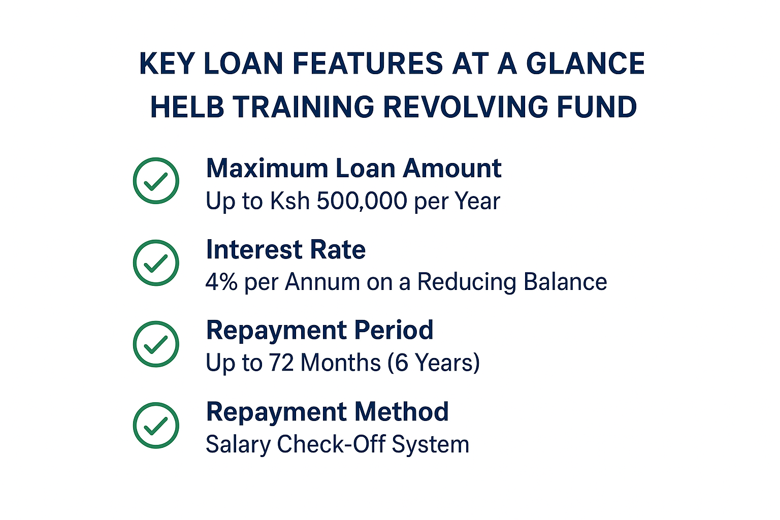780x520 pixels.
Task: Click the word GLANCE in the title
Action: pyautogui.click(x=586, y=63)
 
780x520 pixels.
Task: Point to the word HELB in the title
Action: pyautogui.click(x=187, y=107)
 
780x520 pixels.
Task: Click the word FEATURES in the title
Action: pyautogui.click(x=368, y=63)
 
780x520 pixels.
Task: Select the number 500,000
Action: pyautogui.click(x=362, y=201)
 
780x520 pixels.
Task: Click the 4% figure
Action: pyautogui.click(x=221, y=282)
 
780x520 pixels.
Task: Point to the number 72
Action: pyautogui.click(x=281, y=363)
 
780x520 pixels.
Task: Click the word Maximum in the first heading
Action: pyautogui.click(x=267, y=169)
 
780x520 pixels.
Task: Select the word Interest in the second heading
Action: pyautogui.click(x=254, y=250)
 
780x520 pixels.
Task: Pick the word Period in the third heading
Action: pyautogui.click(x=394, y=330)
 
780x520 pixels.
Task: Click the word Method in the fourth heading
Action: pyautogui.click(x=402, y=412)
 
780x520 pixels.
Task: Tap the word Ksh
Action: pyautogui.click(x=290, y=201)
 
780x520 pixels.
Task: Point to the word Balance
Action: pyautogui.click(x=565, y=282)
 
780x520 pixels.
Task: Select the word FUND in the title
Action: pyautogui.click(x=597, y=107)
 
